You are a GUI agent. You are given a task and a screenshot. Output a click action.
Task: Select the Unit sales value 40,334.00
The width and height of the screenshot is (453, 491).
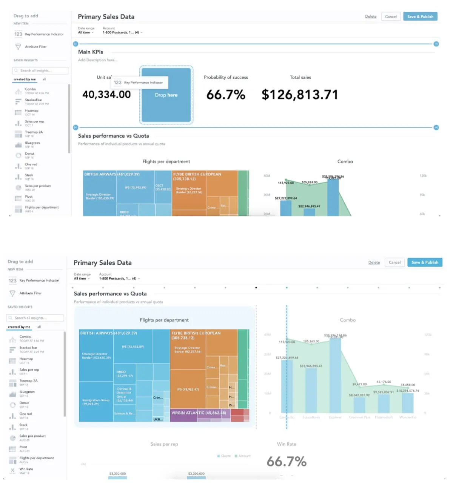click(x=106, y=94)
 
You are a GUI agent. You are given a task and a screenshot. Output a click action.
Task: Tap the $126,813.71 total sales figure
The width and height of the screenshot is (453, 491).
click(x=300, y=95)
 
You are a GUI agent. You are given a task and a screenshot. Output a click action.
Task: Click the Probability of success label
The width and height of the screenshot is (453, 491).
click(x=226, y=77)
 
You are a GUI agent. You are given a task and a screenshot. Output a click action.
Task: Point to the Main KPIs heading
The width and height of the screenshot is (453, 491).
click(x=91, y=52)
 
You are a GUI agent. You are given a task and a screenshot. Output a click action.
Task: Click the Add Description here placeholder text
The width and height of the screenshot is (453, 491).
click(x=98, y=60)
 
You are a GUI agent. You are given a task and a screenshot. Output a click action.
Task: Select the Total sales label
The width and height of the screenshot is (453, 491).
click(x=300, y=77)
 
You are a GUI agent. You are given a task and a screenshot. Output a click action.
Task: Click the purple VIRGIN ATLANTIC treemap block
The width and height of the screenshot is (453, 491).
click(x=199, y=413)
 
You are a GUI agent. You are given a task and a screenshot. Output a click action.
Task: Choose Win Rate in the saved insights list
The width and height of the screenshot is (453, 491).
click(x=26, y=469)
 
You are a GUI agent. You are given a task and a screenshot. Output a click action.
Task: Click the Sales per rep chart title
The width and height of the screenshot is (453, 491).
click(x=164, y=444)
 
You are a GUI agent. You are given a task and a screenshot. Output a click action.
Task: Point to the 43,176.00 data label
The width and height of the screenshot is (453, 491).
click(x=384, y=382)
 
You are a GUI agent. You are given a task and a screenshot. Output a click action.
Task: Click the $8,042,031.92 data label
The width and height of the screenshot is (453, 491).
click(x=359, y=395)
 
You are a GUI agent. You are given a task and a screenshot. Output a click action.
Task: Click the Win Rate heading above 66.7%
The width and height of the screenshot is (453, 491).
click(x=287, y=444)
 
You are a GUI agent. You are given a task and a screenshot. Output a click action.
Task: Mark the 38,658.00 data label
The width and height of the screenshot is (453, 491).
click(x=408, y=385)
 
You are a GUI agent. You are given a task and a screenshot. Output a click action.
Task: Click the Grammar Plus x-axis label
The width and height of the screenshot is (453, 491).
click(x=359, y=417)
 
